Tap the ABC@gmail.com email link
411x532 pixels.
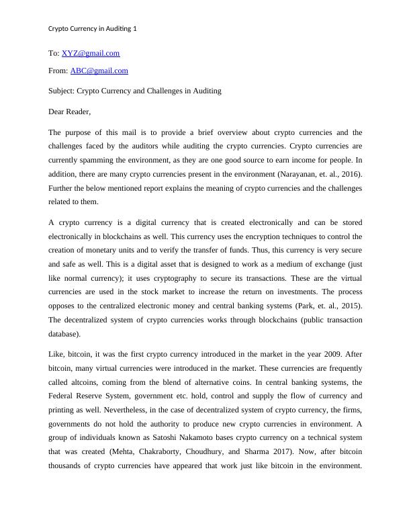(99, 71)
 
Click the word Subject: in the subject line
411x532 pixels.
(62, 91)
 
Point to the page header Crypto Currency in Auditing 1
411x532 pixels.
(93, 30)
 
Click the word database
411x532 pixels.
(64, 333)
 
